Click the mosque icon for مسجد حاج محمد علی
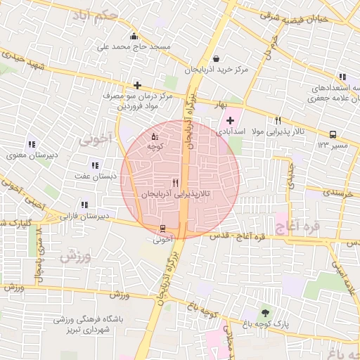134,36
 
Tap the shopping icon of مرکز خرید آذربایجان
215,58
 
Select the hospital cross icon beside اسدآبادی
230,121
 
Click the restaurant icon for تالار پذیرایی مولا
278,121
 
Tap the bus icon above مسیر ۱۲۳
333,134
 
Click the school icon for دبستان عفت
95,165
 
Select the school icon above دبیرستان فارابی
84,205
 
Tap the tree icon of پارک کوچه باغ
264,313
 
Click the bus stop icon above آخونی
163,229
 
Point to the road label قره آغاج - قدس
240,237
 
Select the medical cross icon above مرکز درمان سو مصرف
138,85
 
